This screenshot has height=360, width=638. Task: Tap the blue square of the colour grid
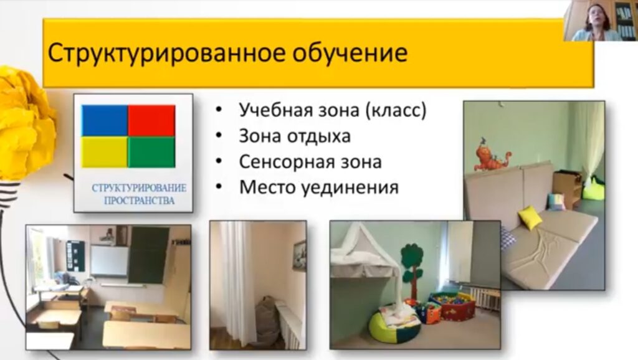(x=105, y=120)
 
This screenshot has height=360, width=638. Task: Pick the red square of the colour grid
(x=152, y=120)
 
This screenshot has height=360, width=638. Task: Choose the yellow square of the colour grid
(x=105, y=152)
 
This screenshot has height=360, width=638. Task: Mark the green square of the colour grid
(x=152, y=152)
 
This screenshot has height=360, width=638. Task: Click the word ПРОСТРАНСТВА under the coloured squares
(x=139, y=201)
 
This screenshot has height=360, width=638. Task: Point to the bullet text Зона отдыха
(x=295, y=136)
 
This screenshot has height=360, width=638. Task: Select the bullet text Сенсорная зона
(x=310, y=162)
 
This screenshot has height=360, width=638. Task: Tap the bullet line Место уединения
(x=318, y=187)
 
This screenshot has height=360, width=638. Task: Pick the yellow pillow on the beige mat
(x=531, y=217)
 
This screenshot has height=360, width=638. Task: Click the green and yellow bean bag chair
(x=395, y=324)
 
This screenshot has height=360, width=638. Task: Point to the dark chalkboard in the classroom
(x=148, y=255)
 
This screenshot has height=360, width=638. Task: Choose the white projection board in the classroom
(x=109, y=261)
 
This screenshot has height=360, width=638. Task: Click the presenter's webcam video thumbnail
(x=601, y=21)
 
